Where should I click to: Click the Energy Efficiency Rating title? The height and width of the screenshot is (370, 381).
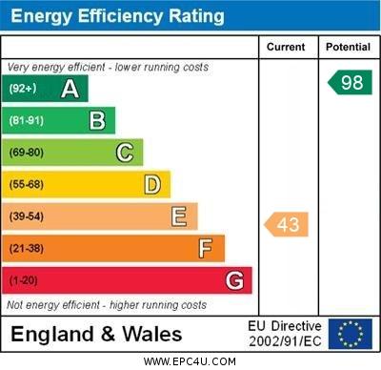117,16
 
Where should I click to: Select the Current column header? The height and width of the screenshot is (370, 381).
286,47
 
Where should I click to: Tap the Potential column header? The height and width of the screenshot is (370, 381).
348,47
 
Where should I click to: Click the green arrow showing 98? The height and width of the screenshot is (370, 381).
350,82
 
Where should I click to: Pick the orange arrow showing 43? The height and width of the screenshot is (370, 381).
287,224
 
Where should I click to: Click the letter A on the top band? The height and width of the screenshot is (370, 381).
70,89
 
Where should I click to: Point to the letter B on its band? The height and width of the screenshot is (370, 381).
97,120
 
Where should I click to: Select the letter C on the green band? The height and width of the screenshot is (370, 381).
125,153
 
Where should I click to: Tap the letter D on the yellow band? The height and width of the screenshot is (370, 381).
152,184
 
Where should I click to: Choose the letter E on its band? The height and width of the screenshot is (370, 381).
179,216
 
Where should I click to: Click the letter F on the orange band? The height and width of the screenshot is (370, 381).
206,249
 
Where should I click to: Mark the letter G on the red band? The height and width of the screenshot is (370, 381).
234,280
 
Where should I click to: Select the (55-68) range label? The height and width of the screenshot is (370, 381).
27,184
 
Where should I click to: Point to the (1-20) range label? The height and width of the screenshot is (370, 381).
24,280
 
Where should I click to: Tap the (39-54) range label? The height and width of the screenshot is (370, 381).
27,216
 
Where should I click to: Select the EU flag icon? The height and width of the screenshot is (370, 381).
350,334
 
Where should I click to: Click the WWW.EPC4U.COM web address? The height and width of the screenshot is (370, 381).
190,361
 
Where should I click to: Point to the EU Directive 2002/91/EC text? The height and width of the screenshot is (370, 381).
286,334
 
